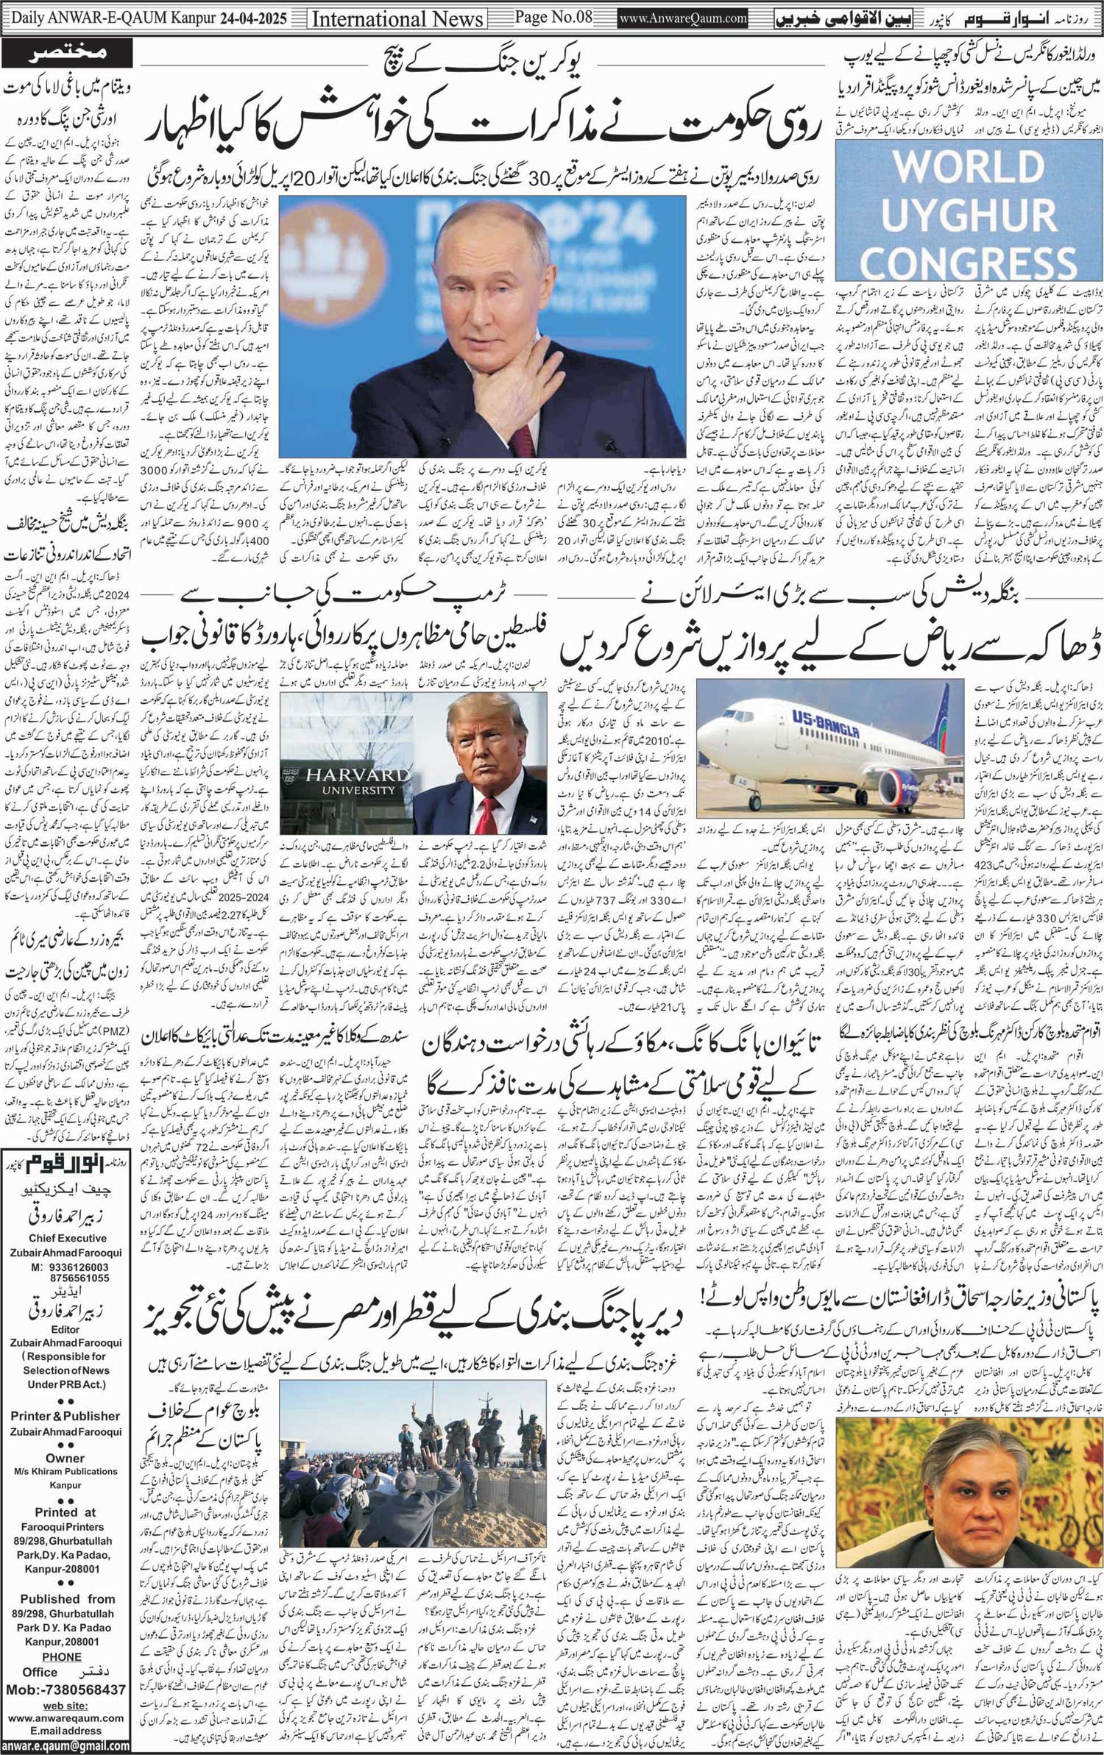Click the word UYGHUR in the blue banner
[969, 216]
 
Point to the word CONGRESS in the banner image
[969, 263]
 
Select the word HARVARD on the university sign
[344, 774]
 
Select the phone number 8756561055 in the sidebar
[71, 1278]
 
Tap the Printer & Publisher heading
[65, 1415]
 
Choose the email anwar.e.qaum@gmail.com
[65, 1745]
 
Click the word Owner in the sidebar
[65, 1457]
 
